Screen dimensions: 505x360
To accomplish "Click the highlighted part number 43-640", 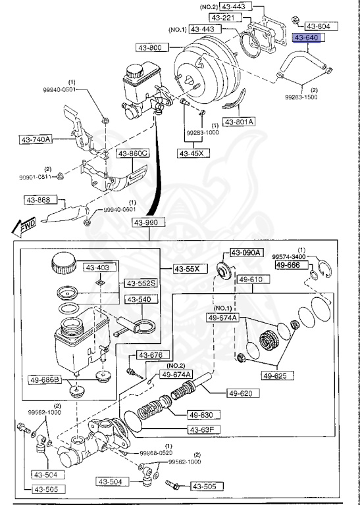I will click(x=306, y=38).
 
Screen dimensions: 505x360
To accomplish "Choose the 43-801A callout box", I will click(x=239, y=122).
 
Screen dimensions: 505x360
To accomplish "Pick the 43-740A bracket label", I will click(x=37, y=139).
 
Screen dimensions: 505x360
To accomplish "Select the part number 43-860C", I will click(x=133, y=153).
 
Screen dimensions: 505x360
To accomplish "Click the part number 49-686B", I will click(x=44, y=379).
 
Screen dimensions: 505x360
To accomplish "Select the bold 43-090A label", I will click(x=246, y=252).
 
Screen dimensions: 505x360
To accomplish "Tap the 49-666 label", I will click(x=288, y=265).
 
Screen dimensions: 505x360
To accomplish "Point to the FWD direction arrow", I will click(x=24, y=228).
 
